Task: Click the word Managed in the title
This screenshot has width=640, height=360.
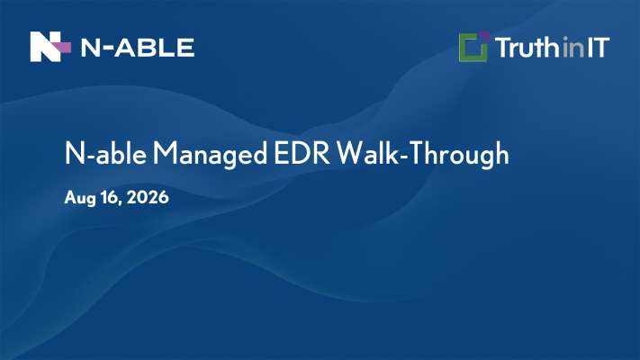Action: click(x=210, y=154)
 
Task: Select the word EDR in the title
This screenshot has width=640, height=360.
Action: click(x=302, y=153)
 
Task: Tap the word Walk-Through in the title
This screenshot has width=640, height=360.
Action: click(x=423, y=154)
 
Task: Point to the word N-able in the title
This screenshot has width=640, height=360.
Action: click(x=105, y=153)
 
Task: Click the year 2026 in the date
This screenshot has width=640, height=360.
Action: click(x=148, y=198)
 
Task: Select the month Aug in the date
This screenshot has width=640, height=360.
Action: click(x=80, y=198)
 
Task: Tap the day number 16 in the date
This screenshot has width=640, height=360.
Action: click(x=110, y=198)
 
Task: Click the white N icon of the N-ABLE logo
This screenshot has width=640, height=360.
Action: click(x=45, y=47)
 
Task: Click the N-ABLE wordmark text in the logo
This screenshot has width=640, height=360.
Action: click(x=138, y=48)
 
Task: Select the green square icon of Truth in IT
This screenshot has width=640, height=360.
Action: click(x=473, y=48)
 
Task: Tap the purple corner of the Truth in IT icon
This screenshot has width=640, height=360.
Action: click(x=484, y=36)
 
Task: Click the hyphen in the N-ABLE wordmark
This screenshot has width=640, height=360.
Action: click(x=106, y=49)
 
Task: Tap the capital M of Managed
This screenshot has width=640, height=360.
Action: click(x=164, y=153)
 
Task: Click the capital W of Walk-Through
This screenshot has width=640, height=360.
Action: click(x=350, y=153)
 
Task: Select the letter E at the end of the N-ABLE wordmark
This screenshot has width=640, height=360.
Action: click(x=185, y=48)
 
